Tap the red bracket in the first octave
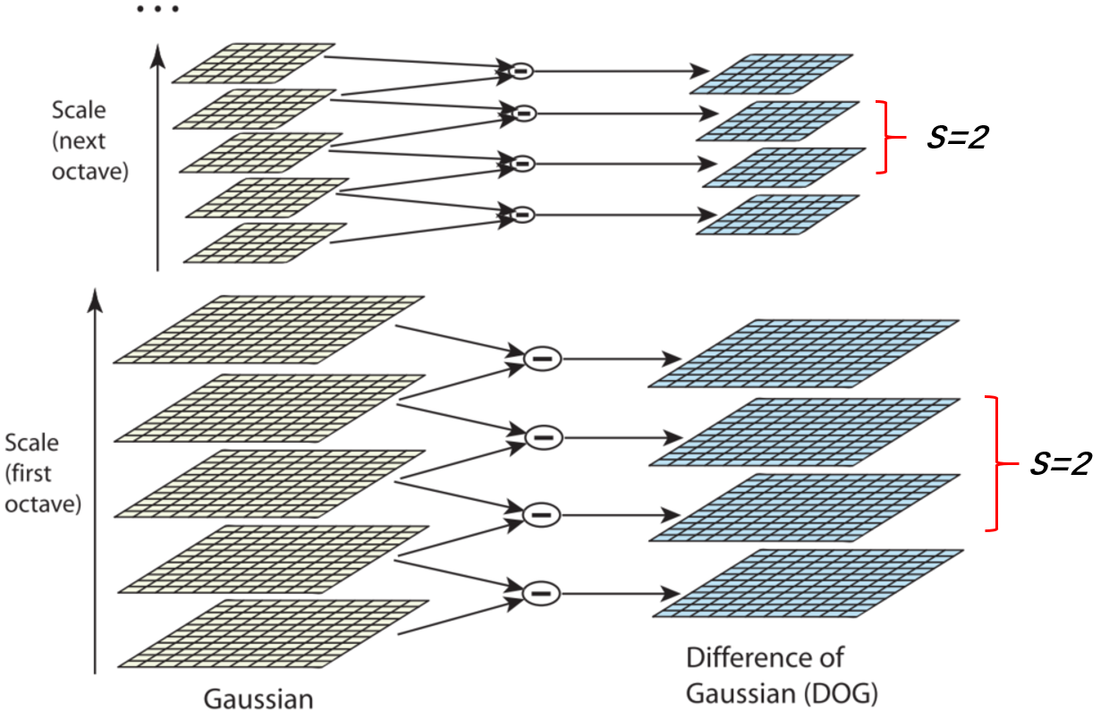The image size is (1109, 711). click(994, 463)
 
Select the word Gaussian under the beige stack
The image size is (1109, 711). click(258, 698)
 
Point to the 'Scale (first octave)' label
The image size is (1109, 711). click(42, 473)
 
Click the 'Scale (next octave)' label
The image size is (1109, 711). click(89, 140)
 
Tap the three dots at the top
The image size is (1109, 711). click(158, 10)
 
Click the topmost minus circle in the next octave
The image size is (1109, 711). click(519, 69)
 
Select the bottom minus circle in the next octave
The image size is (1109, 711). click(521, 215)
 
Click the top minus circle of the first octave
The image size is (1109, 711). click(541, 359)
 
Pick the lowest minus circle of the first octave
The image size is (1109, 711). click(541, 592)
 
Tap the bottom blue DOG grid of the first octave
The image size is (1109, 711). click(808, 583)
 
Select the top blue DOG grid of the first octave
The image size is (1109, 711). click(803, 353)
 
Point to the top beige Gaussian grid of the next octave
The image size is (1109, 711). click(253, 63)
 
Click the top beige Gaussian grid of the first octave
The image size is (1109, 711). click(268, 330)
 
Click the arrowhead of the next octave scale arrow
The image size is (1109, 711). click(158, 55)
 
